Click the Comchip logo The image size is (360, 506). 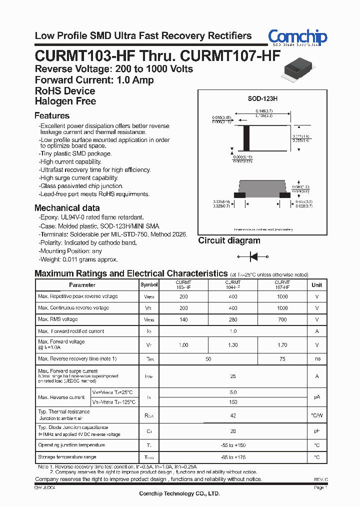(297, 37)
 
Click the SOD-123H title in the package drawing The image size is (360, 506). (262, 99)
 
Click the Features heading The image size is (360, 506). (51, 116)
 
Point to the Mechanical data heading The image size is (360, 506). (67, 208)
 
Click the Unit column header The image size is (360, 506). (317, 285)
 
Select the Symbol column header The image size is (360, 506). (149, 285)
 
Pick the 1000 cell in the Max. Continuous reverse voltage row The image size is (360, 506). (282, 308)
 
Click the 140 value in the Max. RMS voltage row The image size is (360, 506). (183, 319)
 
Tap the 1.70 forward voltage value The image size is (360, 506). (282, 345)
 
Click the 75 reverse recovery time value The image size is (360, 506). (282, 359)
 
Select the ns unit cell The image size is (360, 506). (317, 359)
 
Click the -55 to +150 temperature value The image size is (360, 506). (233, 445)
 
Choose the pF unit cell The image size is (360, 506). (317, 431)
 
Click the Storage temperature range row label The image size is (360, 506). (67, 457)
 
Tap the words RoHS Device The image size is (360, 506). (65, 91)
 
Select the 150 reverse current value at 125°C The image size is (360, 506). (233, 402)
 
